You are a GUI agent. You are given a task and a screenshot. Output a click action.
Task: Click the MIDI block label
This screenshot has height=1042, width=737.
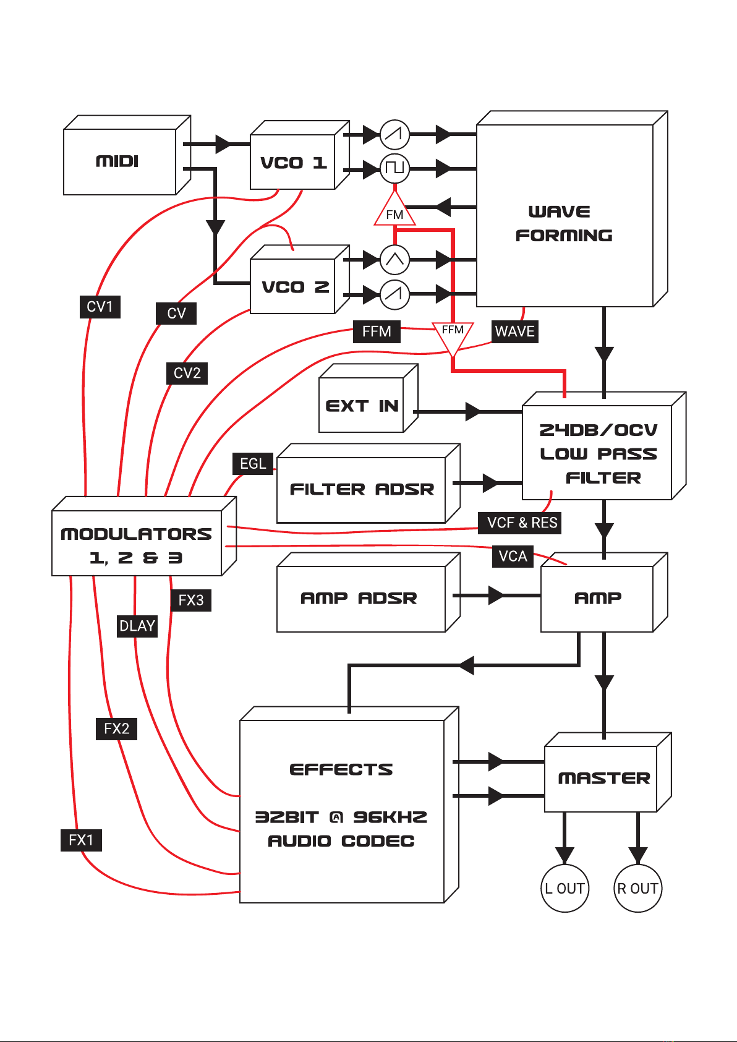117,161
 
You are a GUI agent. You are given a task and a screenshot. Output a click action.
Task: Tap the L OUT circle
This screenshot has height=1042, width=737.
564,888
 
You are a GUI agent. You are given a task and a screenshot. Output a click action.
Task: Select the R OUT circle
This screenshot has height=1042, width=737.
637,888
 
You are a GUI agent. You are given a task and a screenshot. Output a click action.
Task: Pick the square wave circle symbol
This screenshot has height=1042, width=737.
394,168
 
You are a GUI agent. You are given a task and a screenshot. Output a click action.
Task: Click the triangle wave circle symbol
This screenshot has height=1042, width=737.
394,260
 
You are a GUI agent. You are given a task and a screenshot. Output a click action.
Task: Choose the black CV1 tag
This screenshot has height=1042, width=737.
100,307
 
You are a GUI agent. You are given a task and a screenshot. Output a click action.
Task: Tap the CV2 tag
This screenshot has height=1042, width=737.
187,374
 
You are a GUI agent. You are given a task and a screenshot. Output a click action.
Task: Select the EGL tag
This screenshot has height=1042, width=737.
252,464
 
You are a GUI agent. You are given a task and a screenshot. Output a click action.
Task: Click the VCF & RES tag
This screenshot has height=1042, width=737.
522,523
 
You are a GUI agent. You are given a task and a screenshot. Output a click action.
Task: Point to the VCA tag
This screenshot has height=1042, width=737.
513,557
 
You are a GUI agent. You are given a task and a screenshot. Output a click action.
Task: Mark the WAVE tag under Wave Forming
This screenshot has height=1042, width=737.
514,331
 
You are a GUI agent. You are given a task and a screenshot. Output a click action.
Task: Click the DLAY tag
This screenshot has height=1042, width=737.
137,626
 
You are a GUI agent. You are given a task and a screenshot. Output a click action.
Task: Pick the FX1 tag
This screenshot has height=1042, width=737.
81,840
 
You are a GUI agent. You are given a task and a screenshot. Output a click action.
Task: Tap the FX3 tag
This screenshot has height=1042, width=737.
190,600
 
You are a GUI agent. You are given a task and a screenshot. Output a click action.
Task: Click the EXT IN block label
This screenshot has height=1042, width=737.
362,406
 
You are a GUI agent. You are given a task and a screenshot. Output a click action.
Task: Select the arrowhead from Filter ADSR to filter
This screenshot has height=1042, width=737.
490,483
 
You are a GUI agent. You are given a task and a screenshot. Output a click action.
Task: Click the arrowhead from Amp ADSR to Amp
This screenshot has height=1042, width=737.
496,596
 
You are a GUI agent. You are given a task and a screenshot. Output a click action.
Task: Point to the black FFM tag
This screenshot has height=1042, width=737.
377,331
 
